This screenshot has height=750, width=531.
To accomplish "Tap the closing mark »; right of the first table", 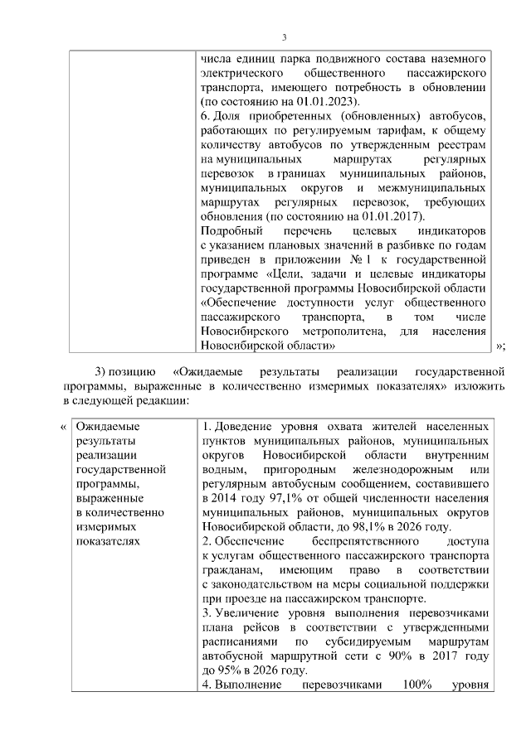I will pos(500,346).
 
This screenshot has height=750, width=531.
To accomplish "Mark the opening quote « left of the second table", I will pos(64,427).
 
